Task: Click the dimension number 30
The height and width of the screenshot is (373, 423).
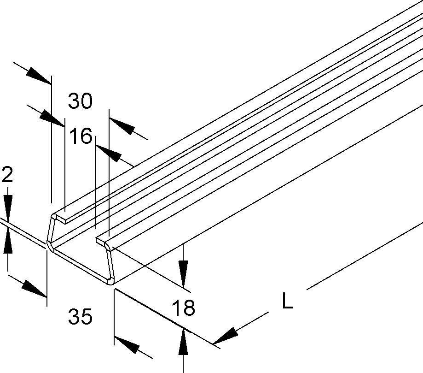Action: [x=80, y=101]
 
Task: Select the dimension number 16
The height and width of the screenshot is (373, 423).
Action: [x=80, y=136]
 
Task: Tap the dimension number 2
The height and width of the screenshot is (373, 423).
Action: [x=6, y=175]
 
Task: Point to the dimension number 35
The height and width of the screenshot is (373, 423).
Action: [x=80, y=317]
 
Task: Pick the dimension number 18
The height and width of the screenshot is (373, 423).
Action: [x=183, y=308]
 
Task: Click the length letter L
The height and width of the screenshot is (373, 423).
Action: [x=287, y=302]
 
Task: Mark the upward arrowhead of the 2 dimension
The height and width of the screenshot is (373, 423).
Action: [x=8, y=243]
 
